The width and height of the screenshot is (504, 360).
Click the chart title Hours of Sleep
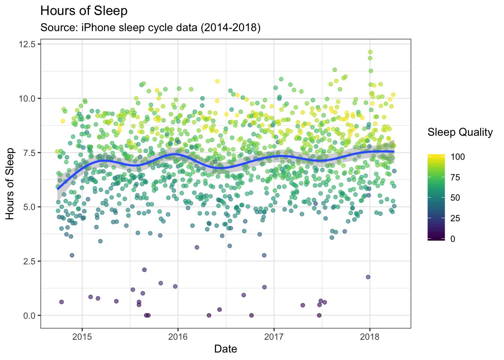tap(84, 11)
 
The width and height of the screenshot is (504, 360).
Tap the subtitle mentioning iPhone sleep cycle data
tap(150, 28)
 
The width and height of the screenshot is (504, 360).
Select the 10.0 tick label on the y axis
tap(29, 99)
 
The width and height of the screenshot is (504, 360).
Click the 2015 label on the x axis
tap(82, 336)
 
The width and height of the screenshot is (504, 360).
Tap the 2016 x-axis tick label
tap(178, 336)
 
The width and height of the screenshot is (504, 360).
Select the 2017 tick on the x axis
tap(274, 336)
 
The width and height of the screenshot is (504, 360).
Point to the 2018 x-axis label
tap(370, 336)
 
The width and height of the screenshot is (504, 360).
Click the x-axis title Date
tap(225, 349)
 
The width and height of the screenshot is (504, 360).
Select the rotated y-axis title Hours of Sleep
tap(10, 184)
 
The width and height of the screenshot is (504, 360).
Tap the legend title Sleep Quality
tap(460, 132)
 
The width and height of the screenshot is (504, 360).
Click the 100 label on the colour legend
tap(457, 157)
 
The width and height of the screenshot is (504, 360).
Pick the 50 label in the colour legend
tap(455, 198)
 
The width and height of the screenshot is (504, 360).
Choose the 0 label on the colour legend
tap(453, 239)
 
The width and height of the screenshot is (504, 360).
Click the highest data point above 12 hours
tap(370, 52)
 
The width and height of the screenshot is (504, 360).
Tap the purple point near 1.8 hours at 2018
tap(368, 277)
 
